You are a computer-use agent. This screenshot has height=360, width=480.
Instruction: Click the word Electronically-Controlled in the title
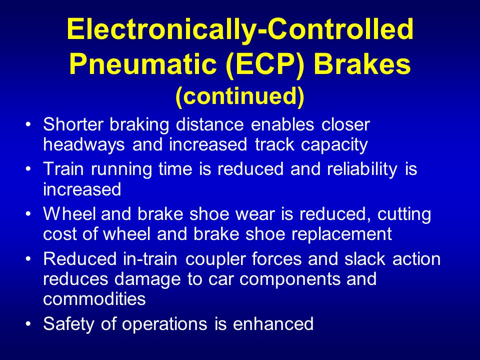pyautogui.click(x=240, y=30)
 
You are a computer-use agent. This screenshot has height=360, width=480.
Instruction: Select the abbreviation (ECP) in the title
pyautogui.click(x=265, y=65)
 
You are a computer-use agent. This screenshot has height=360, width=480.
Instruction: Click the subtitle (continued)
pyautogui.click(x=240, y=96)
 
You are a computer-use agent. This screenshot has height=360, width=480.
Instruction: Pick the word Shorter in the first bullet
pyautogui.click(x=73, y=124)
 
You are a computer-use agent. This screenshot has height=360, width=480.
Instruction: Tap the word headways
pyautogui.click(x=84, y=144)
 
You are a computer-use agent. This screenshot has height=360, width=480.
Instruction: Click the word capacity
pyautogui.click(x=334, y=145)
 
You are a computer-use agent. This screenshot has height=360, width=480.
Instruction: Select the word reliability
pyautogui.click(x=362, y=169)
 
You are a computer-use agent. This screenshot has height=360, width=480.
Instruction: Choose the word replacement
pyautogui.click(x=341, y=234)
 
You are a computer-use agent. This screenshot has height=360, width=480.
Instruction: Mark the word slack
pyautogui.click(x=365, y=258)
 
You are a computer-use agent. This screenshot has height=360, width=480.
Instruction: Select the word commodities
pyautogui.click(x=94, y=298)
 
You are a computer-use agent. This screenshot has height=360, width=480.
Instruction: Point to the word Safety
pyautogui.click(x=68, y=324)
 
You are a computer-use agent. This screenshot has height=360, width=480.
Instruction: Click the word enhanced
pyautogui.click(x=273, y=323)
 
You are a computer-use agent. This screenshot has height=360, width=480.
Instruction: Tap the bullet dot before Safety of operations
pyautogui.click(x=28, y=323)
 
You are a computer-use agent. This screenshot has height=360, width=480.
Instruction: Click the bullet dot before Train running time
pyautogui.click(x=28, y=168)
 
